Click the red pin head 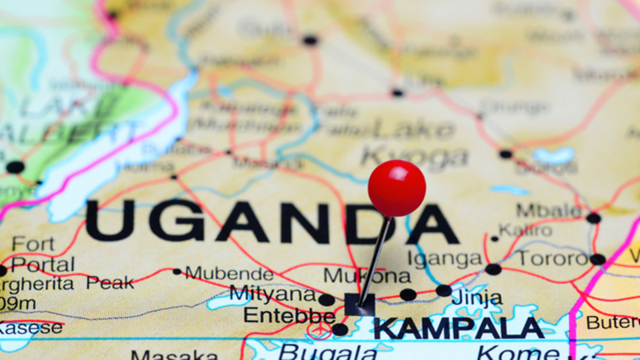click(397, 188)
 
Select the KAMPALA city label click(458, 328)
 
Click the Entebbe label click(280, 315)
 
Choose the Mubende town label click(229, 273)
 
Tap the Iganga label click(445, 259)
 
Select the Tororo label click(553, 259)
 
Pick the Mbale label click(549, 211)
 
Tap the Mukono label click(367, 275)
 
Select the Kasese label click(30, 328)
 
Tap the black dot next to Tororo click(597, 259)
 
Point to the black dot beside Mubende click(177, 271)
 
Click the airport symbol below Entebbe click(319, 331)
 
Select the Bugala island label click(327, 351)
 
